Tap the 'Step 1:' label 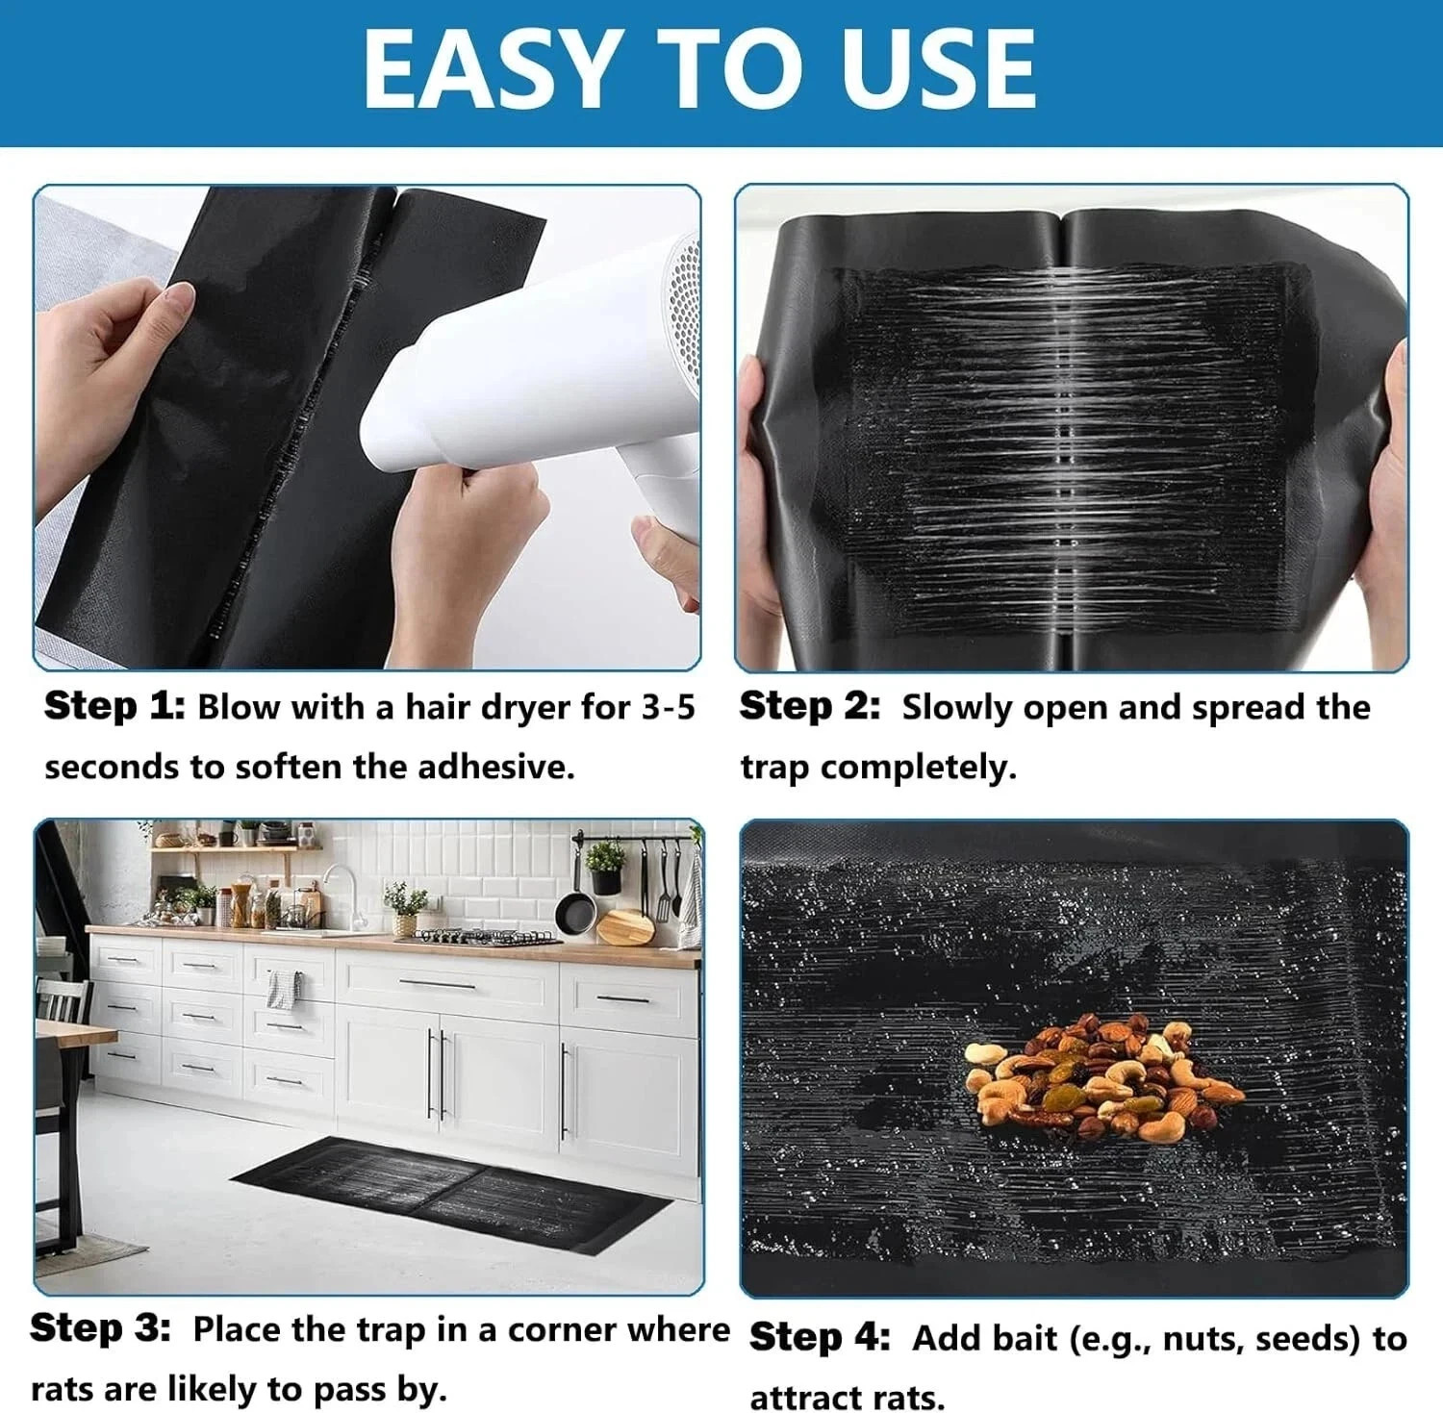coord(114,707)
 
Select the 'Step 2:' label coord(809,707)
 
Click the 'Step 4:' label coord(820,1338)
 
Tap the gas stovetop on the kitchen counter coord(474,935)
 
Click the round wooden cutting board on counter coord(625,927)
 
